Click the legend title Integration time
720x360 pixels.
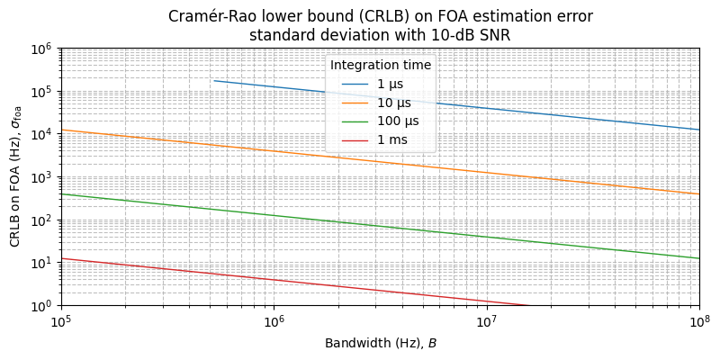[x=381, y=66]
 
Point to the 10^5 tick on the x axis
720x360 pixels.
[x=61, y=322]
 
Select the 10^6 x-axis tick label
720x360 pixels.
[x=274, y=322]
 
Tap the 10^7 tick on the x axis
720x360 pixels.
[x=486, y=322]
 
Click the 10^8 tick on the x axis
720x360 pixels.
[x=698, y=322]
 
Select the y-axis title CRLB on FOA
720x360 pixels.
[x=15, y=186]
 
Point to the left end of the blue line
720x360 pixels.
[x=213, y=81]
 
